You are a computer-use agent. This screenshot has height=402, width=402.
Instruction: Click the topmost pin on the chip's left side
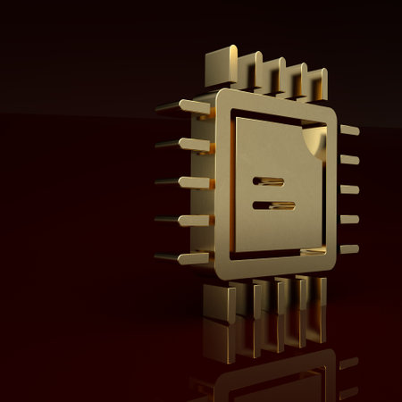pyautogui.click(x=183, y=106)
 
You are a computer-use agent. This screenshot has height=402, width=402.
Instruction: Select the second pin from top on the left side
pyautogui.click(x=183, y=144)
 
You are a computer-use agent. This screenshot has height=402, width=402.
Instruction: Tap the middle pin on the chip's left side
pyautogui.click(x=183, y=182)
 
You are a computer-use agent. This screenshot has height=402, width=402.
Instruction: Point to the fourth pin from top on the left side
pyautogui.click(x=183, y=220)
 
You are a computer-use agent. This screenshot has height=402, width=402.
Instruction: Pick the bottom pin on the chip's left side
pyautogui.click(x=183, y=258)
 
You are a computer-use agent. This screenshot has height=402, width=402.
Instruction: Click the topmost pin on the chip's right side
pyautogui.click(x=349, y=130)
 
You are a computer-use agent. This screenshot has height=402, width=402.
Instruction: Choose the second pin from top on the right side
pyautogui.click(x=349, y=160)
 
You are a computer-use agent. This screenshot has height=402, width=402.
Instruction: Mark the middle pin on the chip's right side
pyautogui.click(x=349, y=189)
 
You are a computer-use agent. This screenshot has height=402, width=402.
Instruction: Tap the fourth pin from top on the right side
pyautogui.click(x=349, y=219)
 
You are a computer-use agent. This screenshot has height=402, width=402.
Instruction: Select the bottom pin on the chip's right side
pyautogui.click(x=349, y=248)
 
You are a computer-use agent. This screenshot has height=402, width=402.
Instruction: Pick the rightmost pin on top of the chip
pyautogui.click(x=317, y=83)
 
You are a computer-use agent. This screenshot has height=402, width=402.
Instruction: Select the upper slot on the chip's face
pyautogui.click(x=268, y=180)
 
